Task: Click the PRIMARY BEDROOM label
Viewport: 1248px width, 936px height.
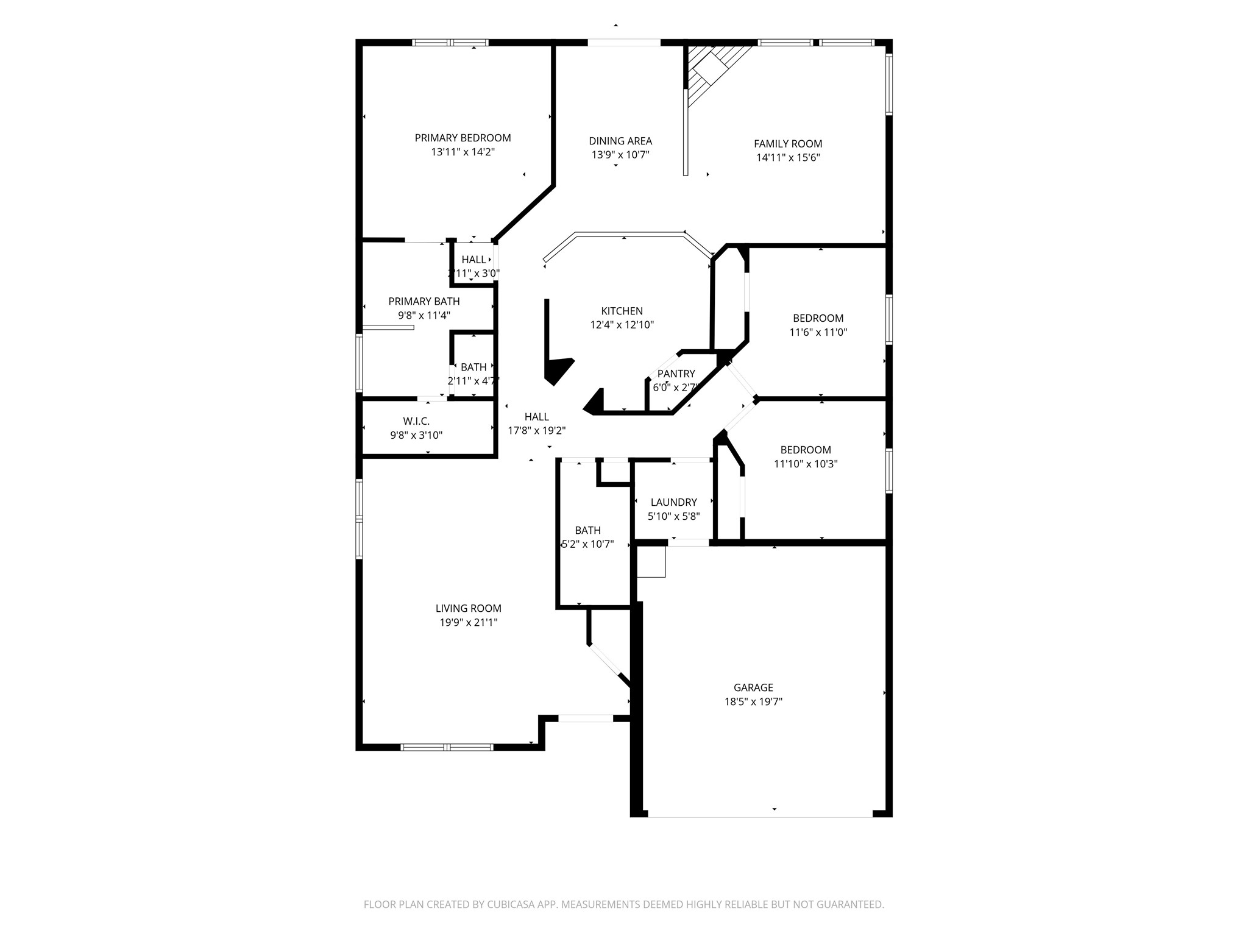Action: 463,138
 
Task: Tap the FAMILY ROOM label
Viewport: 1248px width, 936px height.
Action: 788,144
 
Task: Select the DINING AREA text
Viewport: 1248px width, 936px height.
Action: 620,141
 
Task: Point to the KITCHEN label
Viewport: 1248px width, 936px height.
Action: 622,311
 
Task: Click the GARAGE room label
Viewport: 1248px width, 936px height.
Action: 753,687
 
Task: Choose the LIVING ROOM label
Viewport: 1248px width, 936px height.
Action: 468,608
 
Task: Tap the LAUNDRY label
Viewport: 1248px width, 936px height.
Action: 673,502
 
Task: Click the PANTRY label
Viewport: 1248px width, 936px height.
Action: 676,374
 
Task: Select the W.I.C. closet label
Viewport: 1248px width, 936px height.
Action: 416,421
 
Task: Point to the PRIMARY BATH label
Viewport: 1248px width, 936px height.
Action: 424,301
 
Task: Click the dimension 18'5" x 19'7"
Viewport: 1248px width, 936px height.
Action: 753,701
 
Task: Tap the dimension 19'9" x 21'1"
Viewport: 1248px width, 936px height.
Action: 468,622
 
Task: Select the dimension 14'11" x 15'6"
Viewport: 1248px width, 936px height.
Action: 788,158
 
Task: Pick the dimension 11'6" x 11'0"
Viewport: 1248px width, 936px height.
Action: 818,332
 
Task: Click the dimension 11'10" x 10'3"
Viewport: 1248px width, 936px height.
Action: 806,464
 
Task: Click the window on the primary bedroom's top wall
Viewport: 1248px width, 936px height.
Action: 450,43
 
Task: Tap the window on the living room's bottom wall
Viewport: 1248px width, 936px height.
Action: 447,747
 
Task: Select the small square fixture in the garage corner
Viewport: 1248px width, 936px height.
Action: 651,561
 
